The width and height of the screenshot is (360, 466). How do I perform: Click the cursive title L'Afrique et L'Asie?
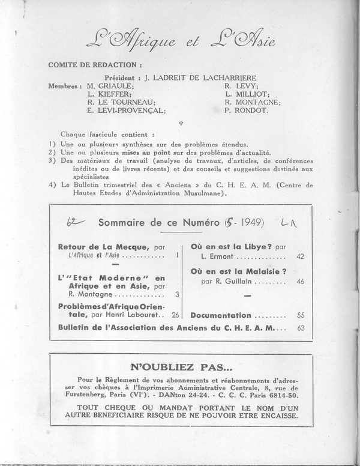coord(179,41)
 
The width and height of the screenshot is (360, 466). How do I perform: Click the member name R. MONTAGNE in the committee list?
coord(253,103)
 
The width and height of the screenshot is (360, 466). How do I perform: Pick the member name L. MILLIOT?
coord(248,95)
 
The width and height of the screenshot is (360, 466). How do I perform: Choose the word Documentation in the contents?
coord(221,315)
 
